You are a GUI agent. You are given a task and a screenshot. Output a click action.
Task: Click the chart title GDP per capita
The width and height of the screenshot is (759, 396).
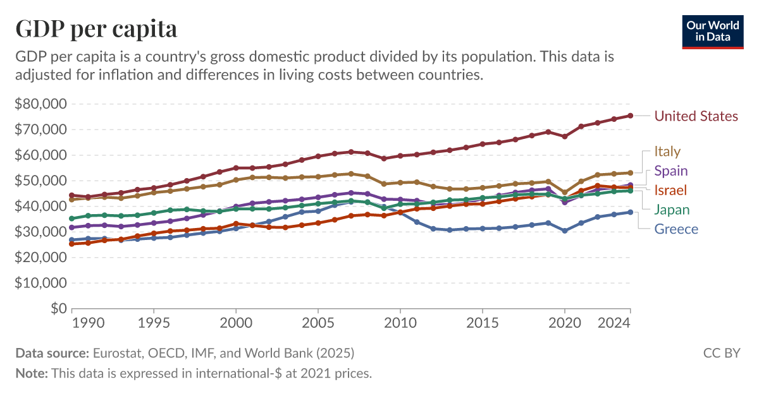coord(96,28)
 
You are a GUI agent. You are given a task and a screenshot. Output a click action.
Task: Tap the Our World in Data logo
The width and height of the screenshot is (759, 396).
coord(713,30)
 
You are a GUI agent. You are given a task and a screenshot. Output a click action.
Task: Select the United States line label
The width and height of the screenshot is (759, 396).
coord(696,116)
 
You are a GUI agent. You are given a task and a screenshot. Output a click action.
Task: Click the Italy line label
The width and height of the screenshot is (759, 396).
coord(667,152)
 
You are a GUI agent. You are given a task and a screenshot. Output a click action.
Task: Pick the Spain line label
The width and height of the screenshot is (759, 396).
coord(670,171)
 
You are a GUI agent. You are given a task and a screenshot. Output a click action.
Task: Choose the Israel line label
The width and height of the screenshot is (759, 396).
coord(670,190)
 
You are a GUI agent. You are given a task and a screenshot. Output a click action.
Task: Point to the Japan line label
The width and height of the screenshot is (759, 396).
coord(671,210)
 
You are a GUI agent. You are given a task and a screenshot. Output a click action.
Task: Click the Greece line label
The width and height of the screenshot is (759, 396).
coord(676,229)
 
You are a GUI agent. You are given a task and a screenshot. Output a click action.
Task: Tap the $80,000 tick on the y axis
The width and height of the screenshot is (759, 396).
coord(41,104)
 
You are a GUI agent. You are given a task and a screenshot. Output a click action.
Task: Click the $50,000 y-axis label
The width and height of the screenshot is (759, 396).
coord(41,181)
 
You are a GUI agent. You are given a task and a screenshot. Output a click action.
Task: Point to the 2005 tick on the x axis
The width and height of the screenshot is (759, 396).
coord(318,323)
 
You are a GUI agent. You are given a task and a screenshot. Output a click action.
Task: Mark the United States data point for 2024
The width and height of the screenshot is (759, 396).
coord(630,116)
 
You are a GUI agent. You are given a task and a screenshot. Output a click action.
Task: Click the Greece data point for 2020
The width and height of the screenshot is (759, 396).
coord(564,231)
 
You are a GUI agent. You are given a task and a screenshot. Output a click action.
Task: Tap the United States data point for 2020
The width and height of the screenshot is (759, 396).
coord(564,136)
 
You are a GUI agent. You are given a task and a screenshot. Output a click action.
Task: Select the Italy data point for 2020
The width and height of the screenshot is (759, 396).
coord(564,193)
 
